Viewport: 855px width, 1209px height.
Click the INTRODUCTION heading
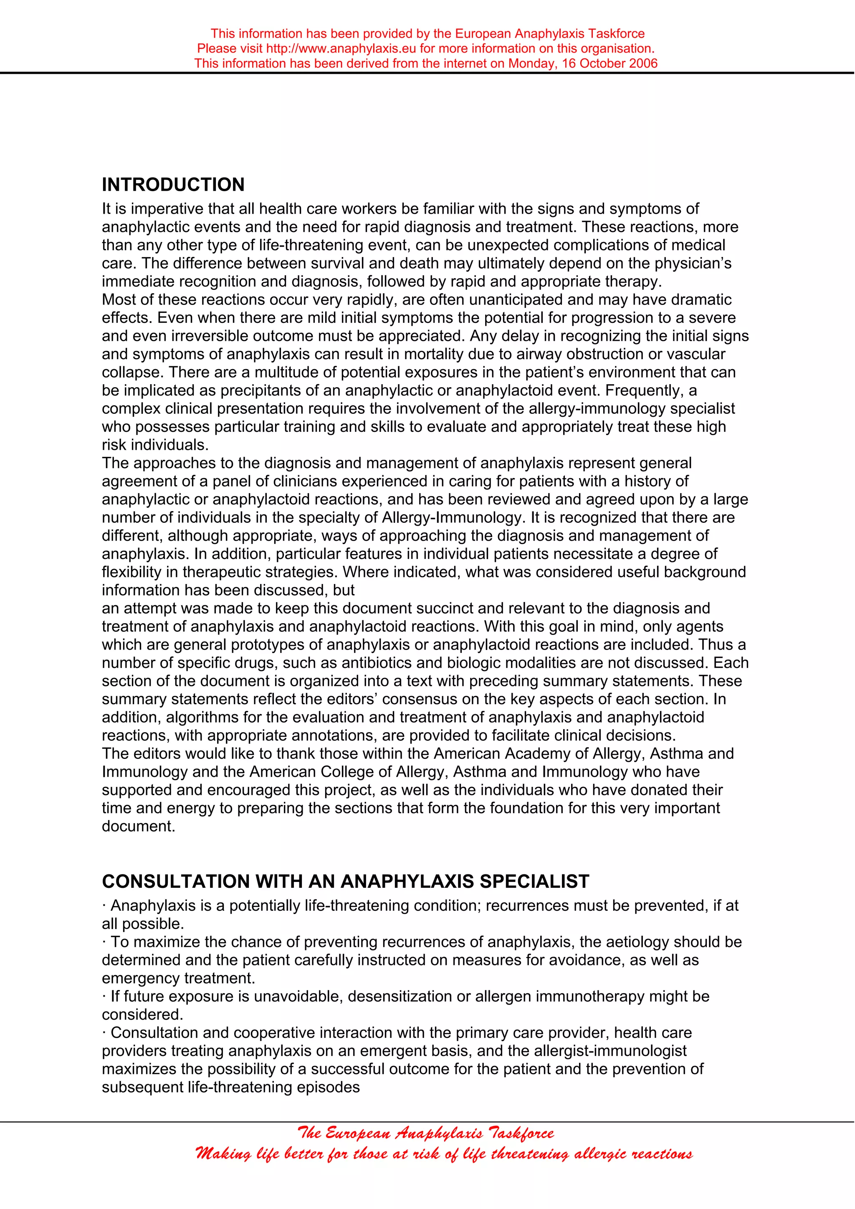click(173, 185)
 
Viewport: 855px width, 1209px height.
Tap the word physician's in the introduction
click(693, 263)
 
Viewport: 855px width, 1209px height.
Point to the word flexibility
click(131, 572)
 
